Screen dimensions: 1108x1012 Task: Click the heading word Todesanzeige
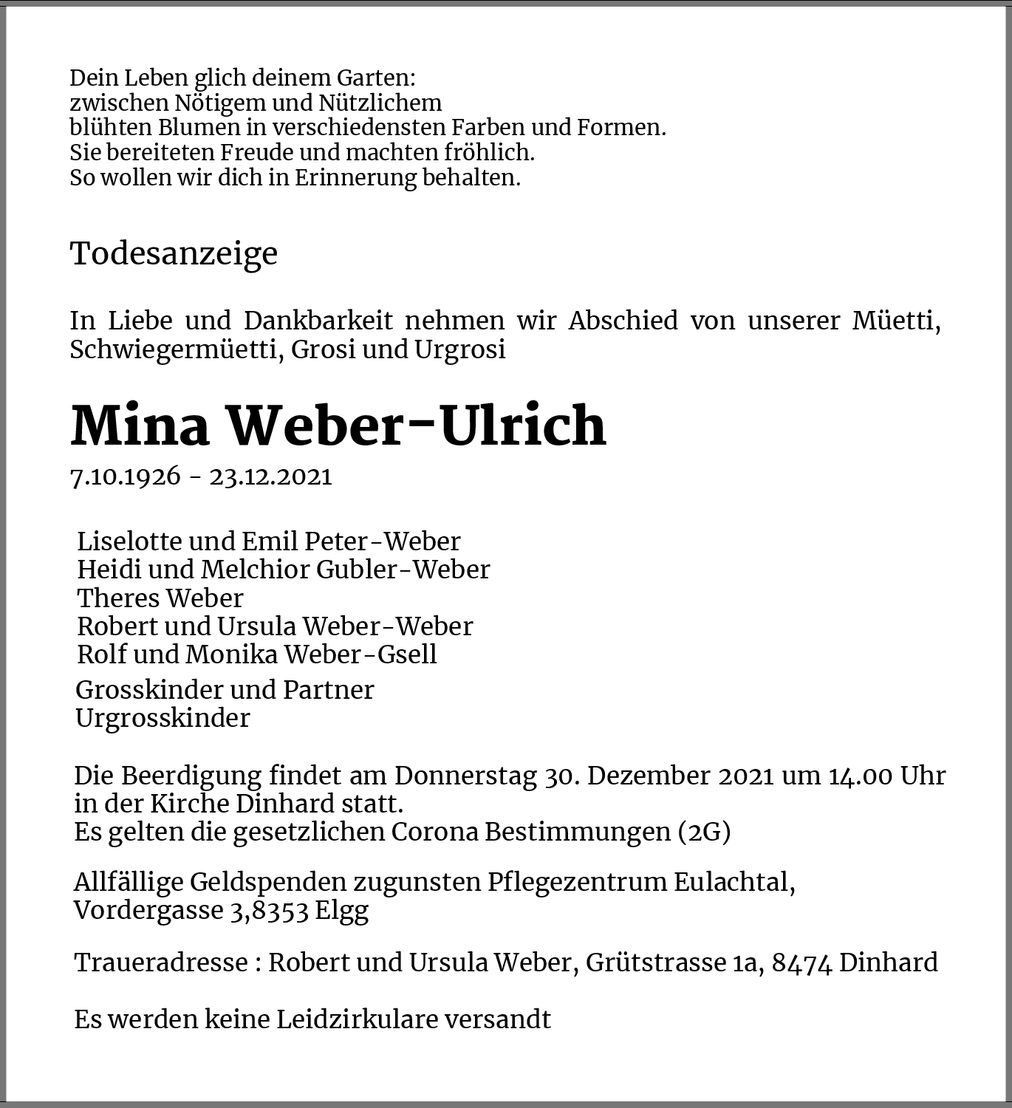coord(174,253)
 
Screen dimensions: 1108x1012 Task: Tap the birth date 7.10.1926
coord(125,476)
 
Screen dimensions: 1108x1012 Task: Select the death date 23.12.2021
coord(271,476)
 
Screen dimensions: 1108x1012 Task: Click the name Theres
coord(118,598)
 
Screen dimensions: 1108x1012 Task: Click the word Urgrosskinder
coord(163,718)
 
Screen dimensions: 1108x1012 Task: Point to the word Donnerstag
coord(465,776)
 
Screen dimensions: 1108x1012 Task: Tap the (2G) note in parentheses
coord(704,832)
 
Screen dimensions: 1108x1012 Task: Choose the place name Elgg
coord(341,911)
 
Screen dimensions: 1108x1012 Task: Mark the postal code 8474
coord(801,963)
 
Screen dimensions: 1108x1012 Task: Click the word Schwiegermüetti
coord(174,349)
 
